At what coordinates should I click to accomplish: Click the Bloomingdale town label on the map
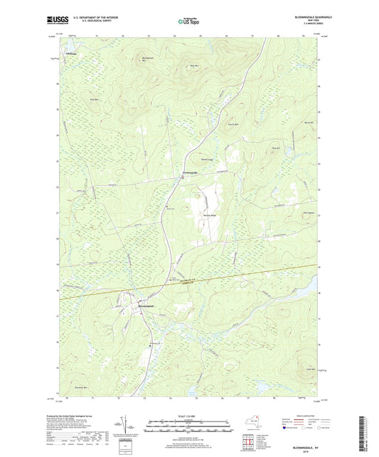(x=145, y=306)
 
